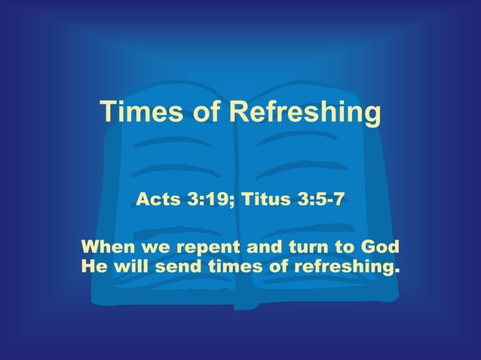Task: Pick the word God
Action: (380, 247)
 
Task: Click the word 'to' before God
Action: (342, 247)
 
